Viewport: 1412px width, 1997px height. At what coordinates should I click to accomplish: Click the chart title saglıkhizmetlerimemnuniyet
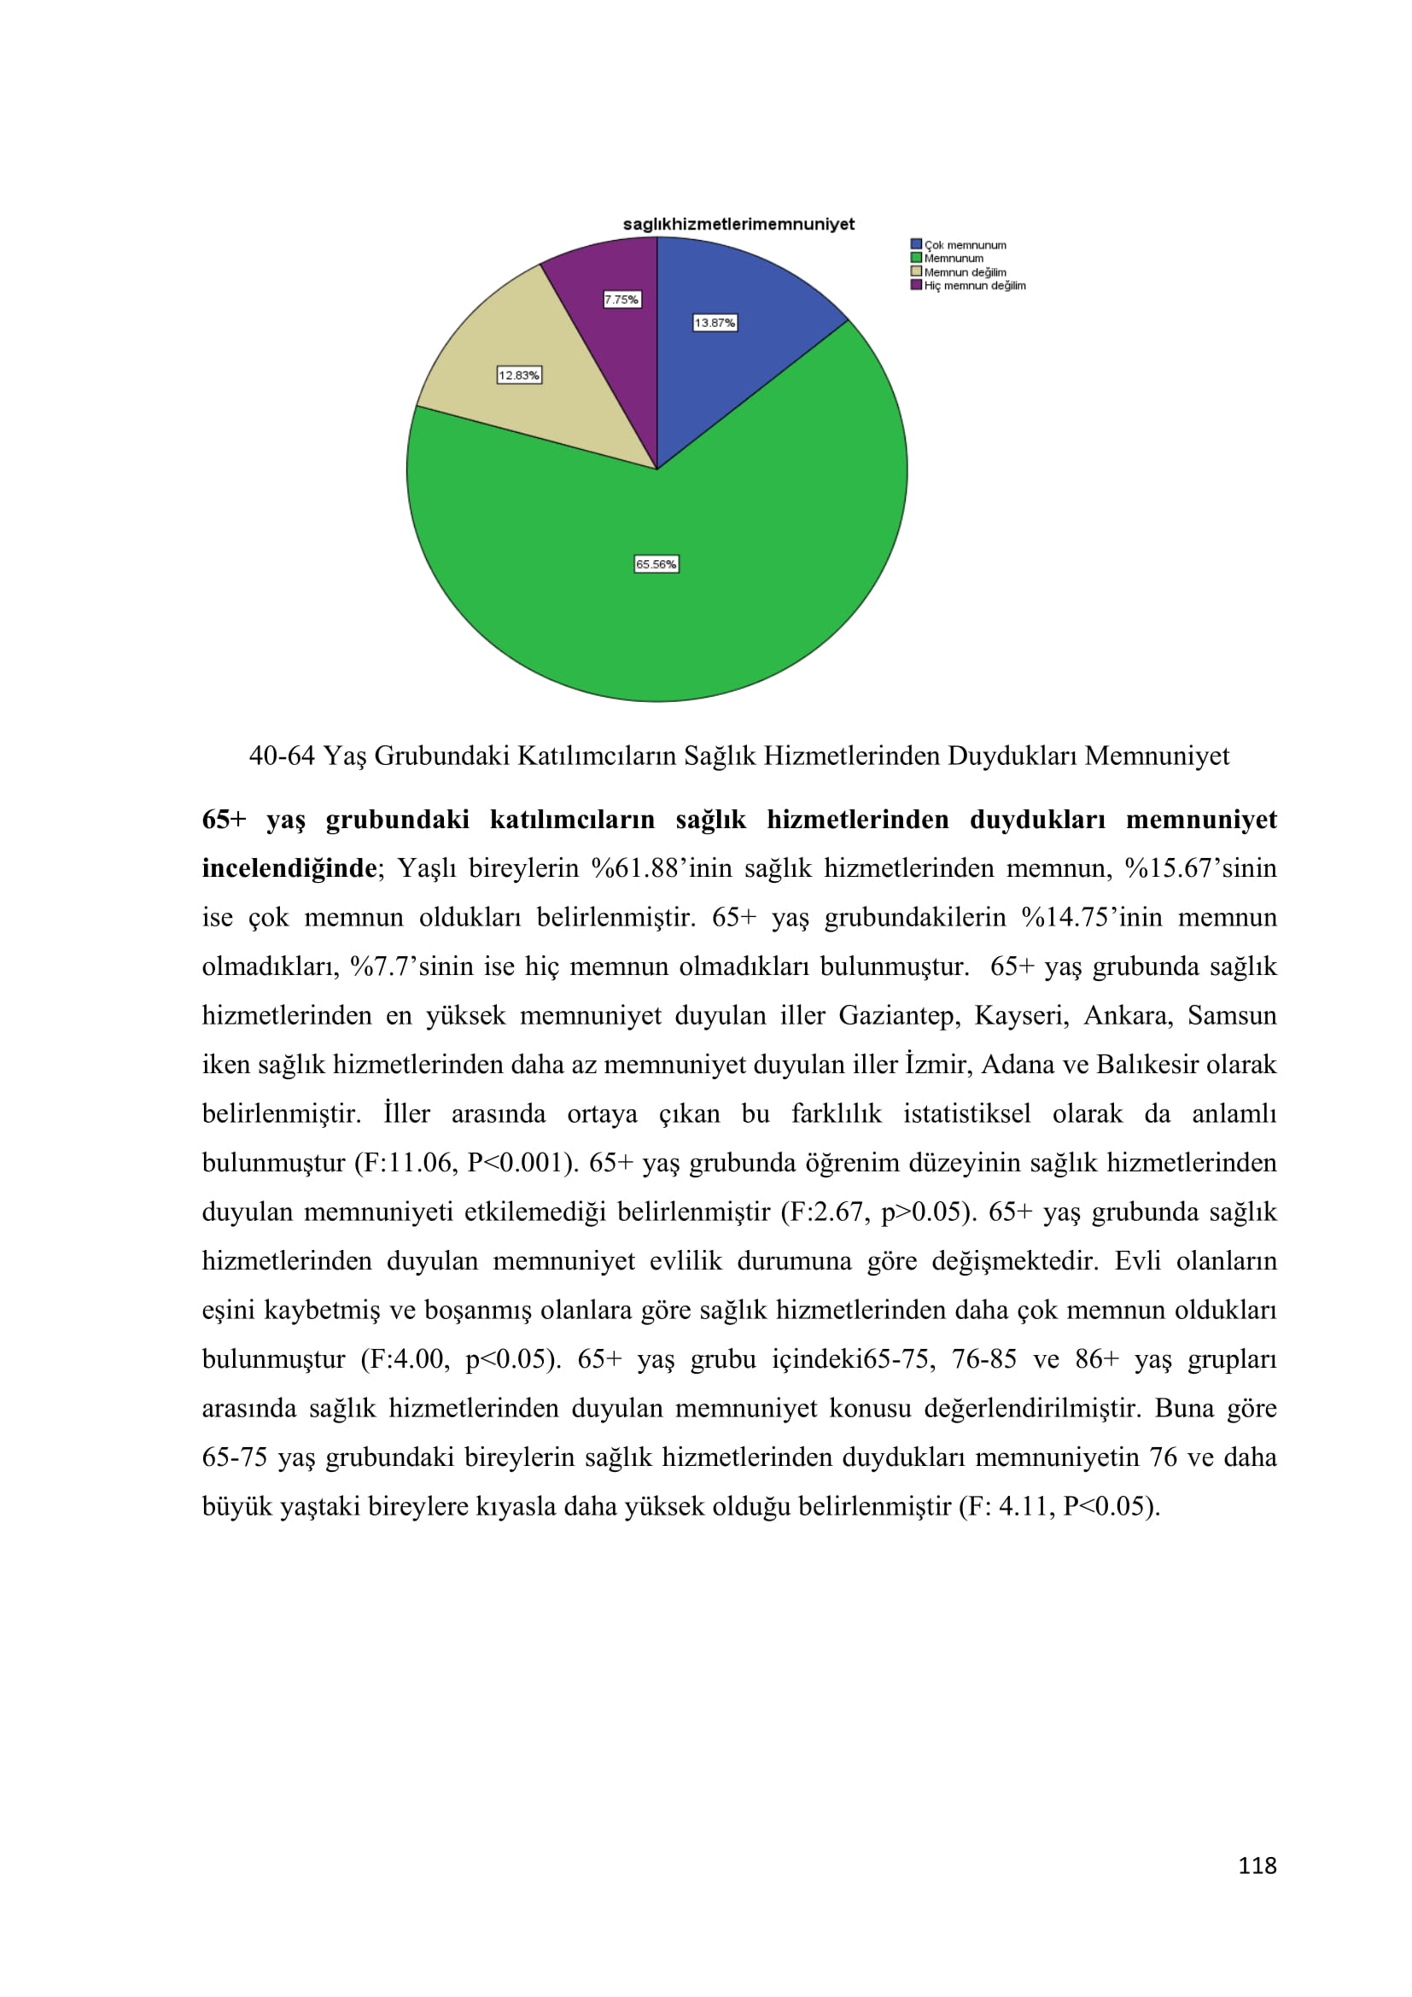pos(738,225)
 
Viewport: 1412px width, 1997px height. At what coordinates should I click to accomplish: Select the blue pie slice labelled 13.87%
pos(739,365)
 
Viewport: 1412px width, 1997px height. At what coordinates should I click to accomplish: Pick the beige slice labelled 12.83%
pos(539,409)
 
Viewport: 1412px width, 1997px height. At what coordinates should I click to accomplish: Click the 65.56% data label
pos(656,564)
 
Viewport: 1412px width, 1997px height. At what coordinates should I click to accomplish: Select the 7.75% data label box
pos(621,300)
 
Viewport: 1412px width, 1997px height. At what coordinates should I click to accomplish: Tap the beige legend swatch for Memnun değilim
pos(915,272)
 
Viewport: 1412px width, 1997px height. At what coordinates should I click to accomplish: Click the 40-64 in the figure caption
pos(281,756)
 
